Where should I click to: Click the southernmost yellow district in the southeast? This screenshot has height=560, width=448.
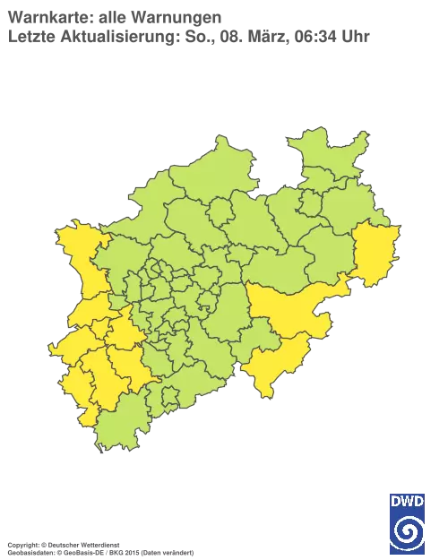point(269,367)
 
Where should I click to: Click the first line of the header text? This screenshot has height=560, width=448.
point(112,15)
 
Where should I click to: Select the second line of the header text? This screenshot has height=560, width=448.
point(188,36)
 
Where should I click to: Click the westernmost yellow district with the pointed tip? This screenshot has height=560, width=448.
point(67,346)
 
